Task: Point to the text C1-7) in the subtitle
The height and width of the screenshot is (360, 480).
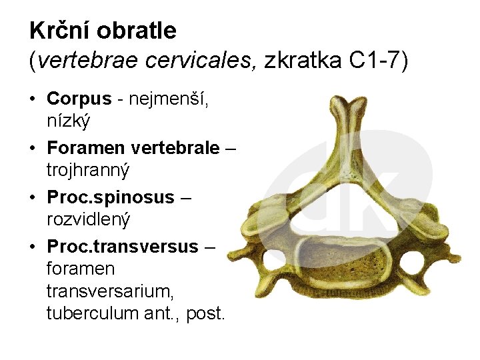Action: pyautogui.click(x=379, y=61)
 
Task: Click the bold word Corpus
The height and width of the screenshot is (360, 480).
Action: pyautogui.click(x=79, y=99)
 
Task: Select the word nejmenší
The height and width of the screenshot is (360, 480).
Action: pyautogui.click(x=170, y=99)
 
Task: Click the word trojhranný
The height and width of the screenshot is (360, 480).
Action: pyautogui.click(x=88, y=169)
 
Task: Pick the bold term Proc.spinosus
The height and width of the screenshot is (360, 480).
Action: pyautogui.click(x=111, y=197)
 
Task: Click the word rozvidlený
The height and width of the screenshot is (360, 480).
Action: pyautogui.click(x=88, y=219)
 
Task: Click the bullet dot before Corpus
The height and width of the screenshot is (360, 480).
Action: pyautogui.click(x=33, y=99)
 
